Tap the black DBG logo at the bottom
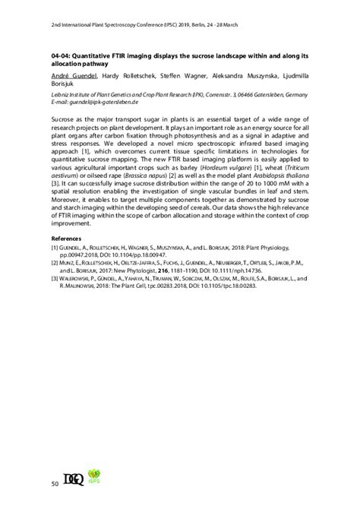click(78, 479)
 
